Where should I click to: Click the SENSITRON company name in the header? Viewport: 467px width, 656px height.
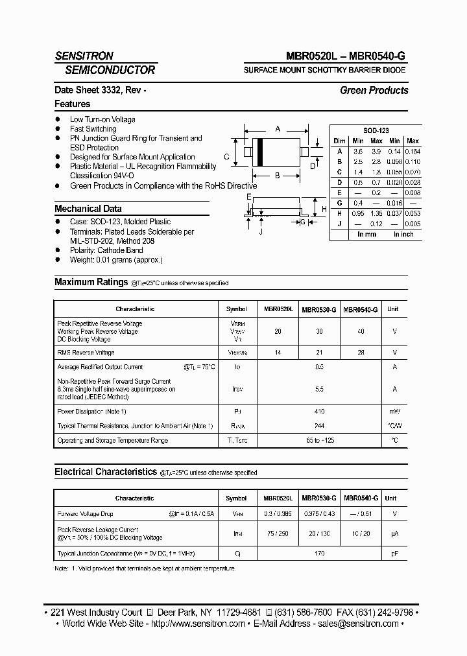coord(84,56)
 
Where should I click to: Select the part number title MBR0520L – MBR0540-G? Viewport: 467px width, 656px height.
coord(346,56)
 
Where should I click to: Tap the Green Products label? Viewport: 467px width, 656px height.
coord(374,91)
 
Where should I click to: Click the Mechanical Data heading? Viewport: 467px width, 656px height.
coord(88,209)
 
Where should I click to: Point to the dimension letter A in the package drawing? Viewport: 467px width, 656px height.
coord(278,129)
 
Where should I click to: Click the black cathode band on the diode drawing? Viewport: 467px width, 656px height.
coord(260,153)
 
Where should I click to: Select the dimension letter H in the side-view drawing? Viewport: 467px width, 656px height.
coord(324,209)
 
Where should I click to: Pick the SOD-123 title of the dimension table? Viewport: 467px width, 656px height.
coord(376,130)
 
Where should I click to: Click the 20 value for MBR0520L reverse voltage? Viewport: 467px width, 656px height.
coord(278,331)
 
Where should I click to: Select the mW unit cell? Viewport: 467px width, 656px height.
coord(394,412)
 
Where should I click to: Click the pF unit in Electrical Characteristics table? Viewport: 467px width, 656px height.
coord(392,554)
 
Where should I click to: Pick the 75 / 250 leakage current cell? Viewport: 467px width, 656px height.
coord(278,533)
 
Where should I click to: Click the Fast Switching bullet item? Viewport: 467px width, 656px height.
coord(93,129)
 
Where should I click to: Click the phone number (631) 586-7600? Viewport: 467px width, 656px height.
coord(305,612)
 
